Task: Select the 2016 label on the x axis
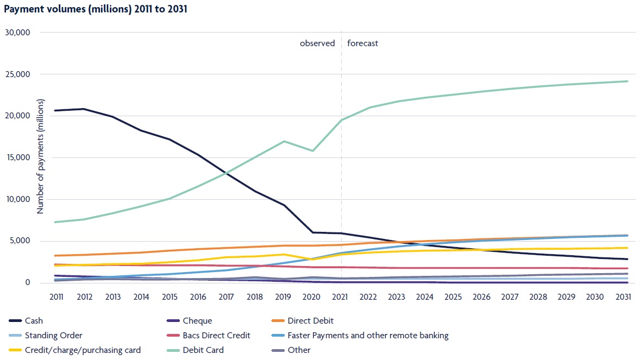[198, 296]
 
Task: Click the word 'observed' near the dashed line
[317, 43]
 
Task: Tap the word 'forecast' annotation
[362, 43]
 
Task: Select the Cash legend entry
[34, 321]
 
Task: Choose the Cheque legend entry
[198, 321]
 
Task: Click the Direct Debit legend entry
[310, 321]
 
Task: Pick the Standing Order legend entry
[53, 336]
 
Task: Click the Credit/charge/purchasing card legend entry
[83, 350]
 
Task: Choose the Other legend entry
[299, 350]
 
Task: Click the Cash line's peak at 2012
[84, 109]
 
